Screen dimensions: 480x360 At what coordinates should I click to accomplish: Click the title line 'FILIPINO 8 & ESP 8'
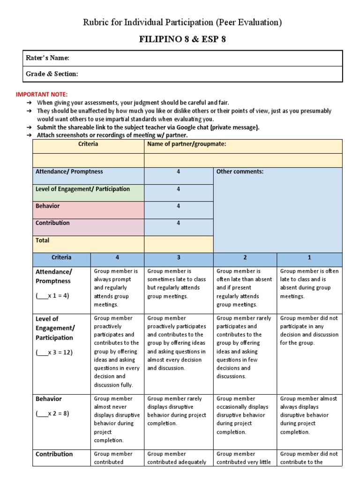point(182,39)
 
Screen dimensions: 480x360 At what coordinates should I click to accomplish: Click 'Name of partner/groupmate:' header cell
point(187,144)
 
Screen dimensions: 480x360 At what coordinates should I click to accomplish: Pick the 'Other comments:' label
point(240,172)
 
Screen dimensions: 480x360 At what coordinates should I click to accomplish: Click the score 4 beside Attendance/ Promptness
point(178,172)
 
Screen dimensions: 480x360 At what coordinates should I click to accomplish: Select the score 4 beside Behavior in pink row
point(178,206)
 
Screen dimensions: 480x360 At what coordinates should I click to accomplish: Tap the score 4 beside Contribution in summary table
point(178,223)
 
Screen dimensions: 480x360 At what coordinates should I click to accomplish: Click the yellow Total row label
point(42,240)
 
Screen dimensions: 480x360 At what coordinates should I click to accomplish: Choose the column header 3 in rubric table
point(178,257)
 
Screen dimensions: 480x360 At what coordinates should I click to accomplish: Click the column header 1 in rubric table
point(309,257)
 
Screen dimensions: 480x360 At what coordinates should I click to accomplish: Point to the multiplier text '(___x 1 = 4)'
point(52,296)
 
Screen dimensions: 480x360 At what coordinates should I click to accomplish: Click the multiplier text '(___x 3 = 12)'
point(54,352)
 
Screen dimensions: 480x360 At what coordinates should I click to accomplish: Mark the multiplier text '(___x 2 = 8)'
point(52,414)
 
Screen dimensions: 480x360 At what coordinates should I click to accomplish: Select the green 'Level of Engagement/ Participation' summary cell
point(82,189)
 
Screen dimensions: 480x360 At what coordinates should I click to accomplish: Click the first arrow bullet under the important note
point(29,102)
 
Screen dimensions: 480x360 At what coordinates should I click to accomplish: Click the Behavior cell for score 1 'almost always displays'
point(308,415)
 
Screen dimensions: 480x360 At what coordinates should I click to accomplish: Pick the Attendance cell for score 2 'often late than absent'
point(244,288)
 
